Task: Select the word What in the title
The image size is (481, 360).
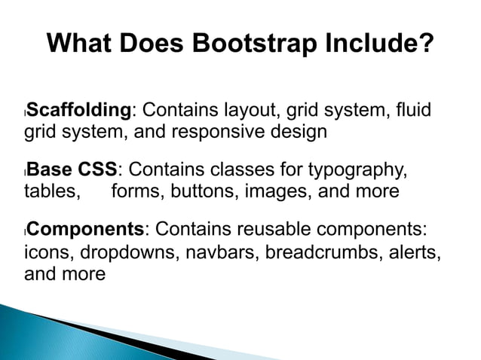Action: (x=78, y=44)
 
